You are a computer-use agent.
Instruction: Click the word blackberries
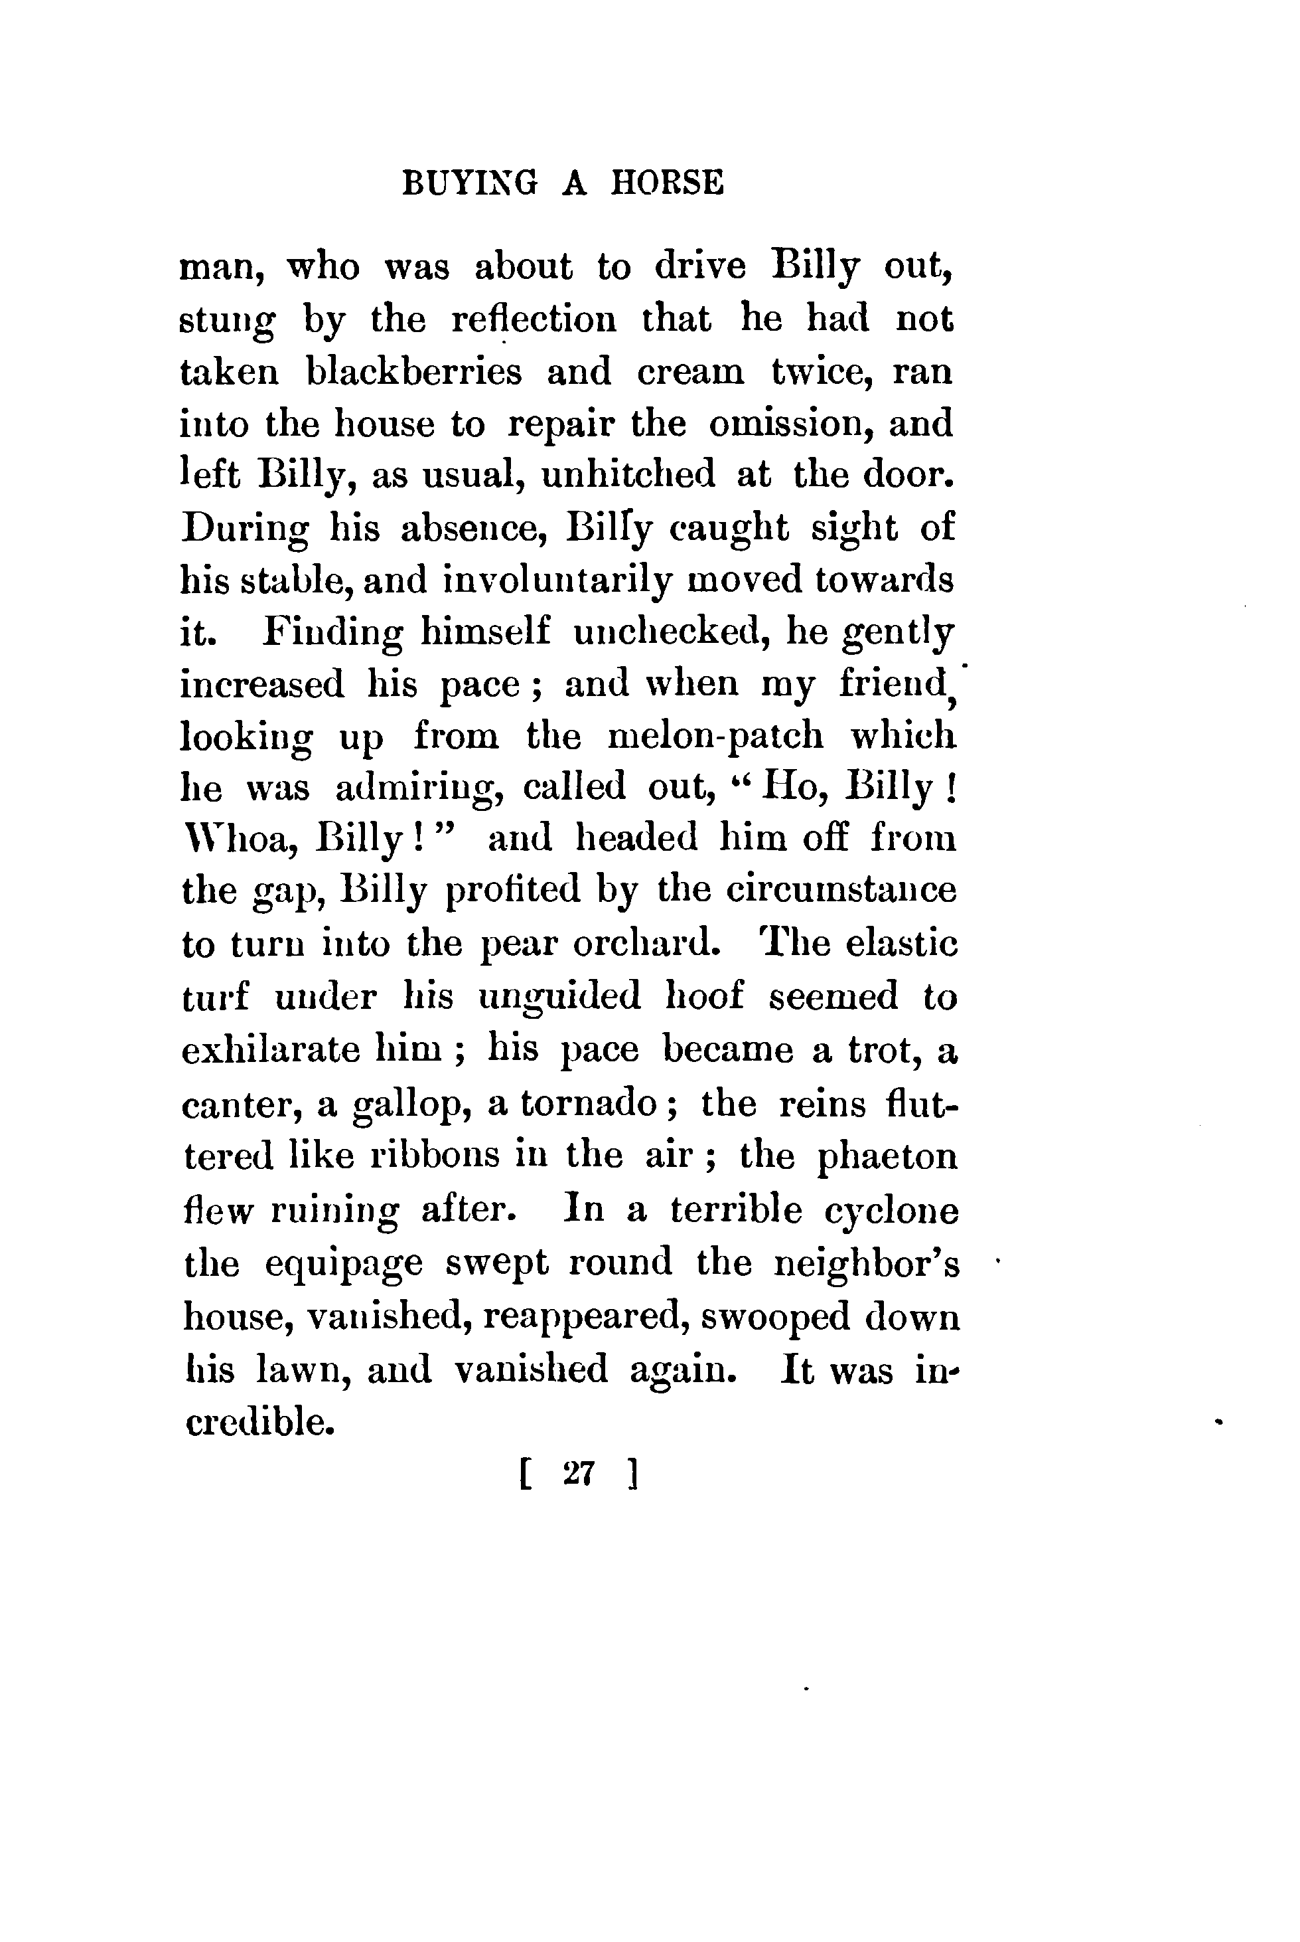415,372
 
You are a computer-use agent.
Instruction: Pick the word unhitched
628,476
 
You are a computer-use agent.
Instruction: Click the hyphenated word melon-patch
715,737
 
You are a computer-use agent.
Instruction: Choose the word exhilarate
271,1050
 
